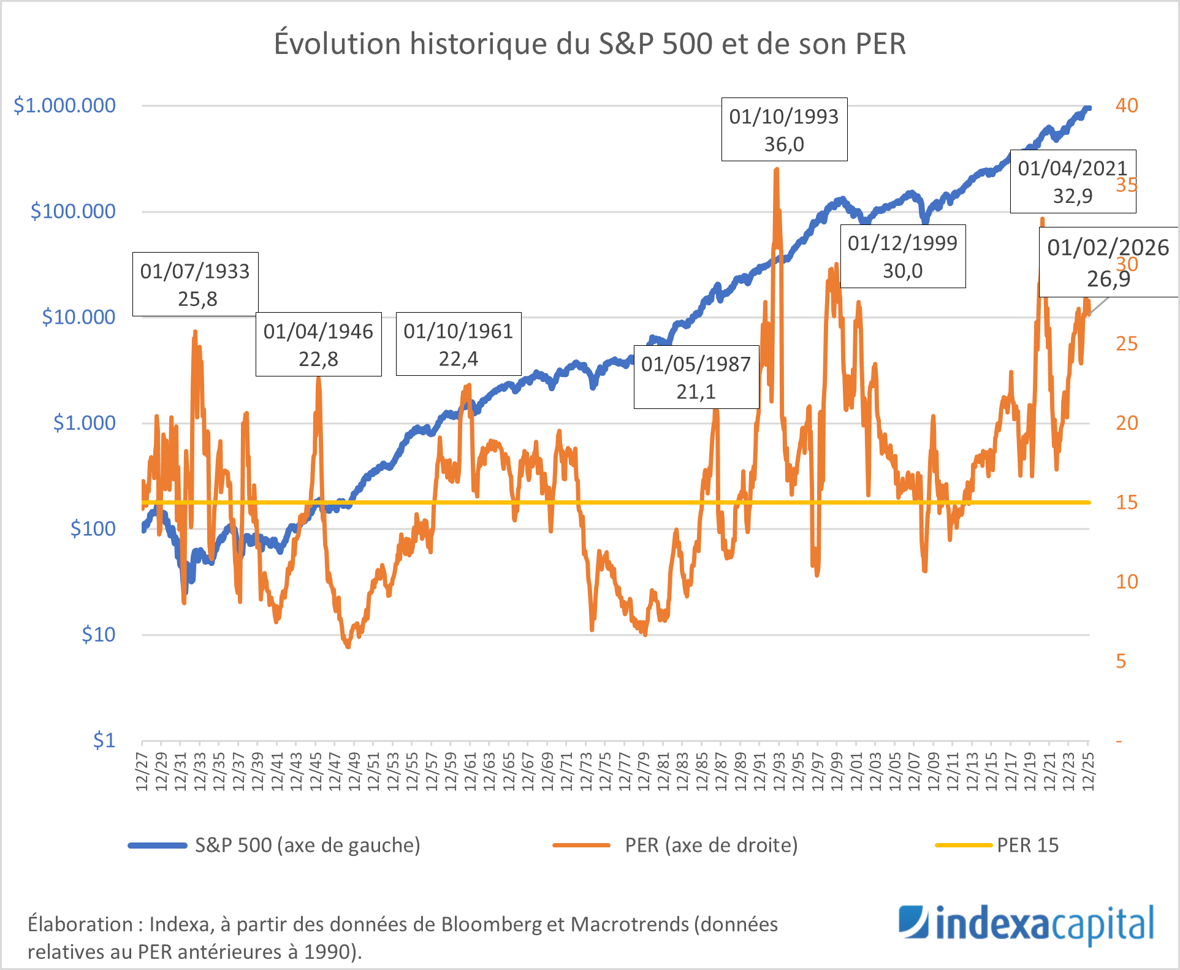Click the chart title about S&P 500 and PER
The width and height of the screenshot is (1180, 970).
coord(590,44)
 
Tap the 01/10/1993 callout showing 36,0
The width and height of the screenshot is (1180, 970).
coord(784,129)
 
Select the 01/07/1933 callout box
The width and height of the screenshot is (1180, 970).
coord(195,285)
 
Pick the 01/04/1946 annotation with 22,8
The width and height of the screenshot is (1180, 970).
coord(318,345)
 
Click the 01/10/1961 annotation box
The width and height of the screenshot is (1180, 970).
coord(459,344)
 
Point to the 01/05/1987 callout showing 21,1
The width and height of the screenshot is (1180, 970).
coord(696,377)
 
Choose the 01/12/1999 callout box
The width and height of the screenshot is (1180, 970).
coord(902,256)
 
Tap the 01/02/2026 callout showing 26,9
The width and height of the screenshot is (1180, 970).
coord(1108,262)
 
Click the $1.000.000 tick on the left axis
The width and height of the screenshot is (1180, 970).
coord(64,105)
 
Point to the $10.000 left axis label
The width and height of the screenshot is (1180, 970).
coord(78,317)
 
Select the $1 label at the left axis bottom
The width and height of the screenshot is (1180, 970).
coord(104,741)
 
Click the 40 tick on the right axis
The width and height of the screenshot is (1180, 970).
coord(1127,105)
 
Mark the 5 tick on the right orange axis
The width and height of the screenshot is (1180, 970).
coord(1121,661)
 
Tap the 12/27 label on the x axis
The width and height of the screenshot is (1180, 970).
coord(142,772)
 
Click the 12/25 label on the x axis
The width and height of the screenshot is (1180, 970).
coord(1089,772)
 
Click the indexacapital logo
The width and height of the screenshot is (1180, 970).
coord(1026,925)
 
